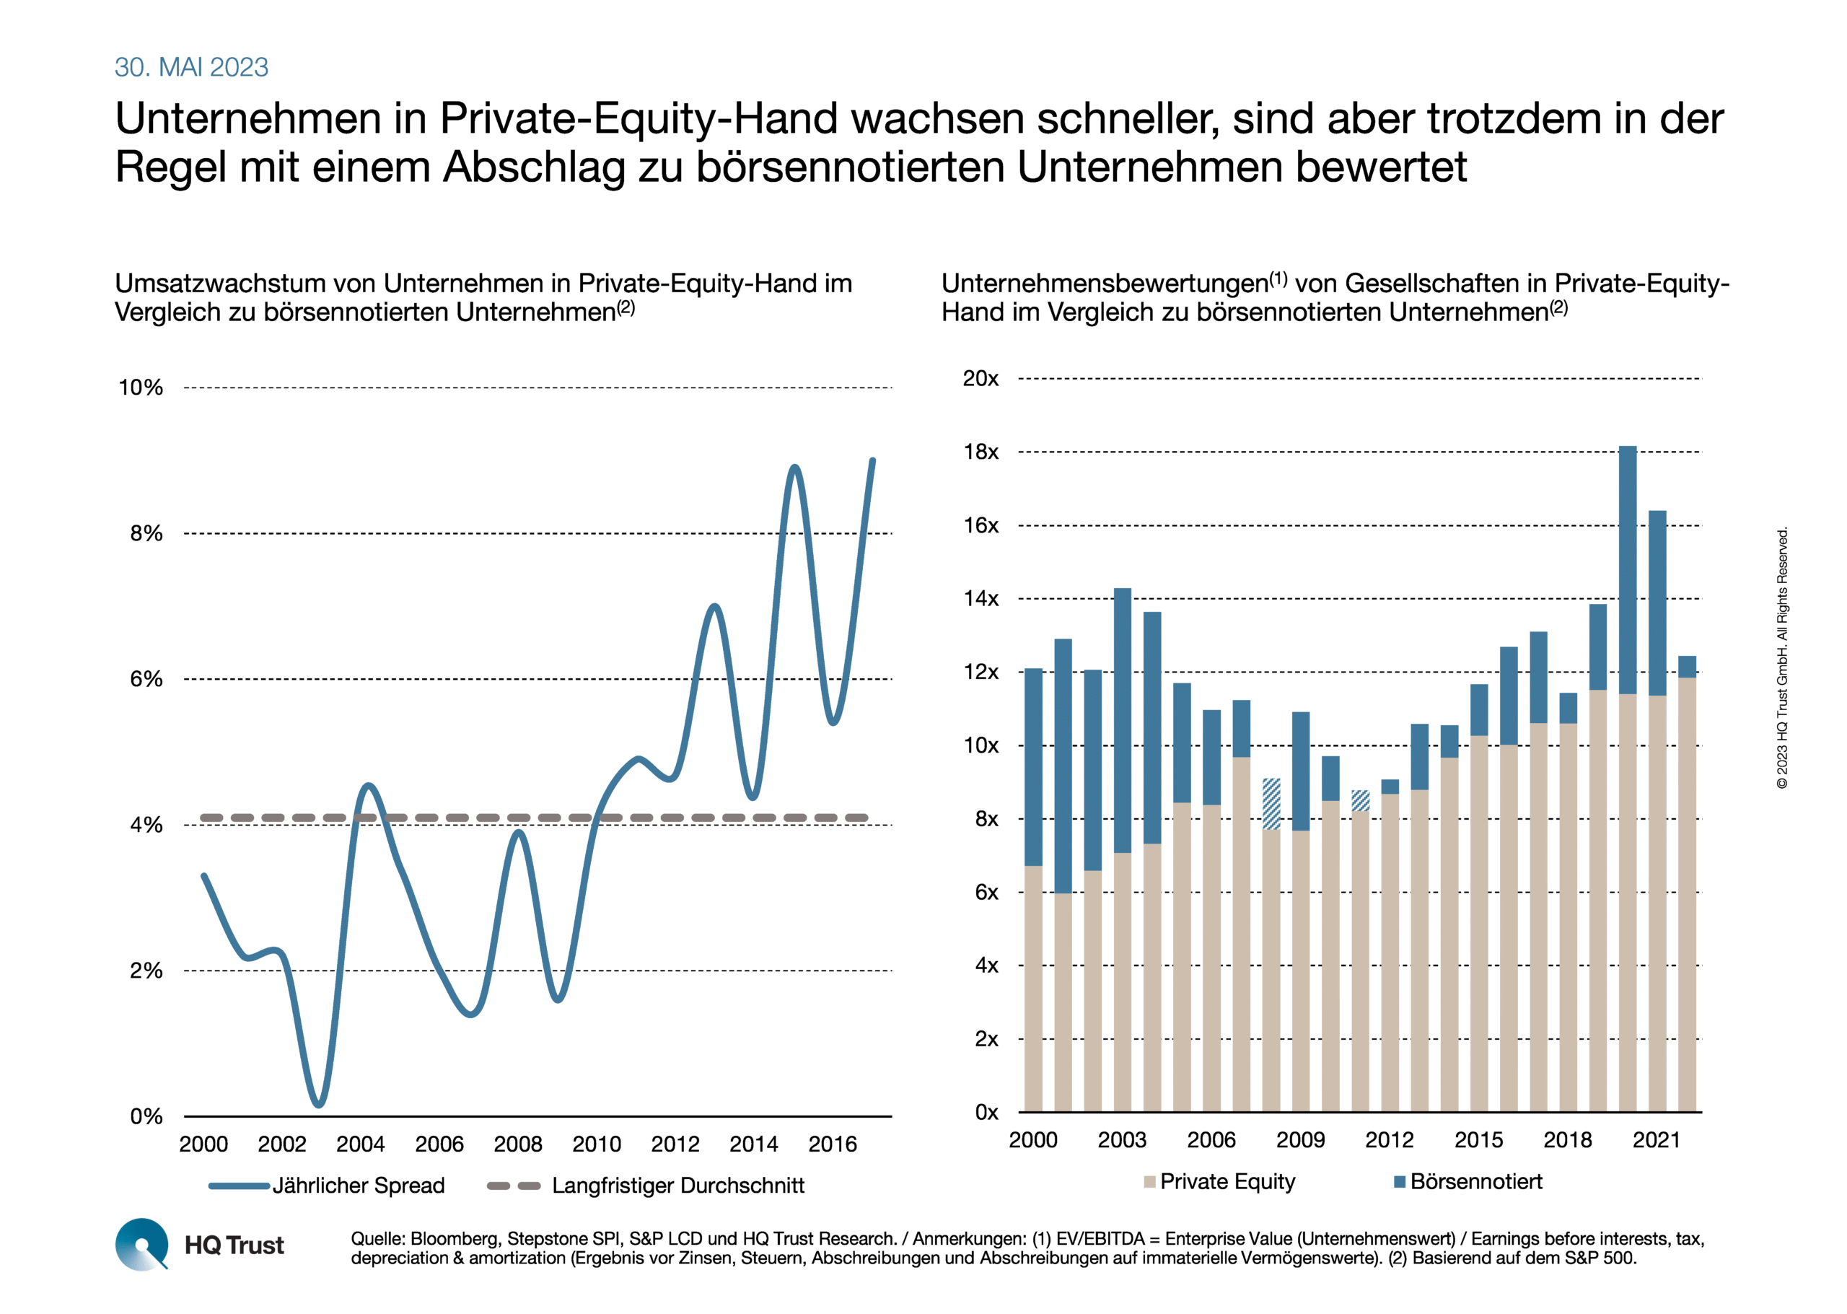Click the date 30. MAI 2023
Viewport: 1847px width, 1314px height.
191,67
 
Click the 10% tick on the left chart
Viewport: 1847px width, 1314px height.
141,387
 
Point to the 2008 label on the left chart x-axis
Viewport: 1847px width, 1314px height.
518,1144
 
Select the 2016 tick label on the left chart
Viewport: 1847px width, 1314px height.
833,1144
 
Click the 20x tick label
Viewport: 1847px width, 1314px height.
980,379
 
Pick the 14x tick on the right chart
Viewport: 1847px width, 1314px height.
980,599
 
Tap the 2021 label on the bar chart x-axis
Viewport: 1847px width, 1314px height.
1656,1140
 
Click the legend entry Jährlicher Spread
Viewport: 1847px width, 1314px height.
327,1186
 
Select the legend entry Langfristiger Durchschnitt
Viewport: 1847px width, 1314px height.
646,1186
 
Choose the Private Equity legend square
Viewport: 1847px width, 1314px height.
1149,1182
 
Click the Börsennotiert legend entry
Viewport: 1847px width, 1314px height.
1467,1181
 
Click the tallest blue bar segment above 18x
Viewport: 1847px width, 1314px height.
1627,569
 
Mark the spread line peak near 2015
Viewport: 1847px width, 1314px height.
794,467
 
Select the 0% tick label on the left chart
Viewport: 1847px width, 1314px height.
146,1116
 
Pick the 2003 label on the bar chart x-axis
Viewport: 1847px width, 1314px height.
1121,1140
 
